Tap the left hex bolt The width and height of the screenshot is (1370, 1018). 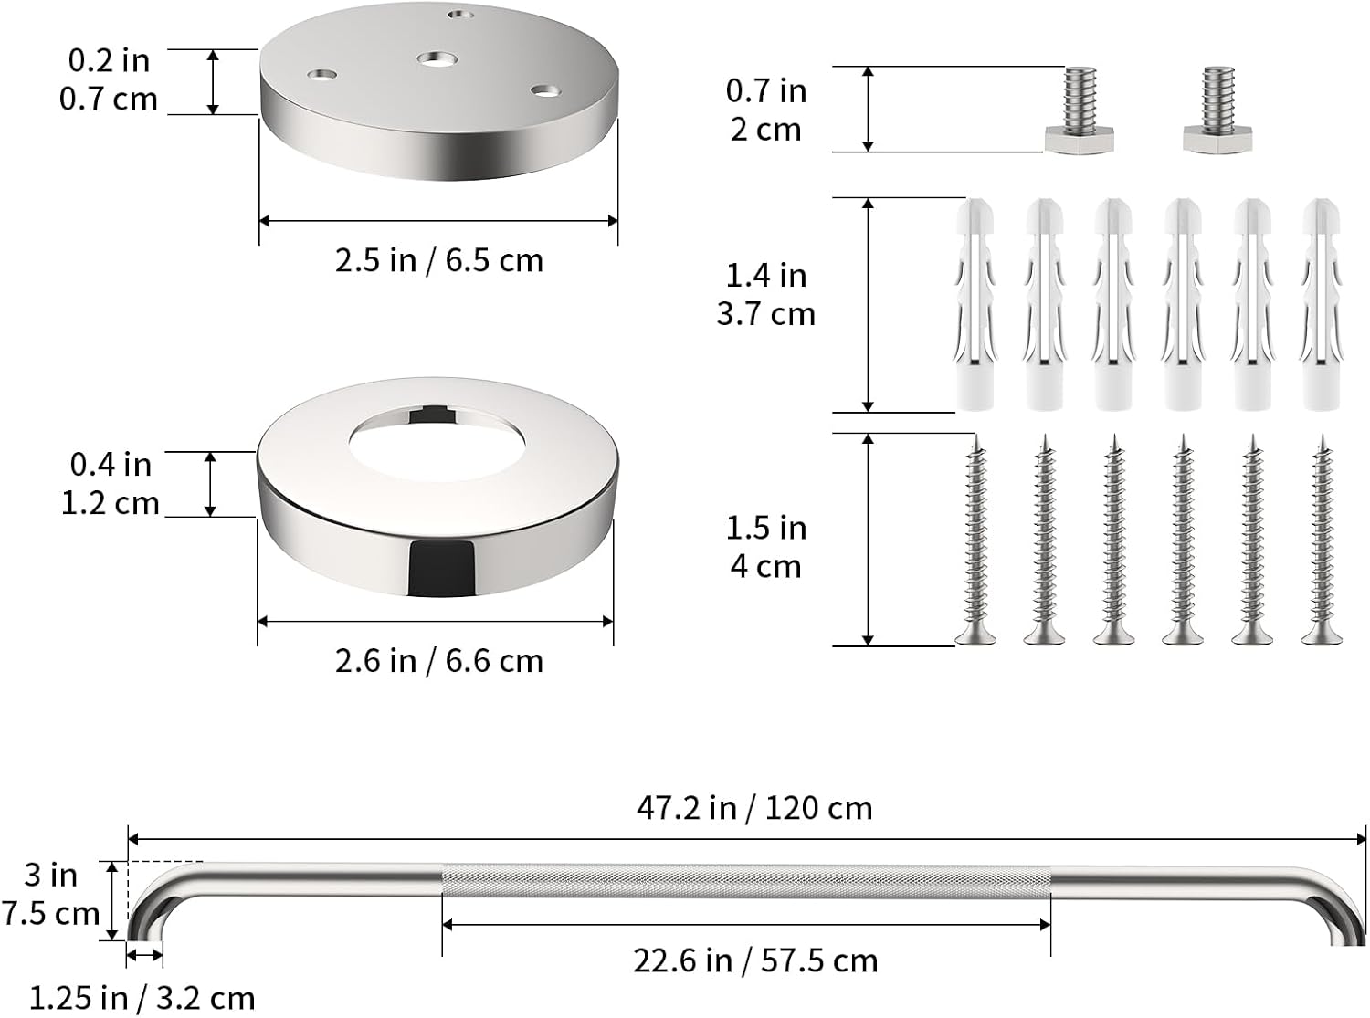pos(1079,110)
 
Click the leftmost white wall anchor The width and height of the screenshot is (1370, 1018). pos(975,304)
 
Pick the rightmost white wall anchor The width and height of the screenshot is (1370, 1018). pos(1322,304)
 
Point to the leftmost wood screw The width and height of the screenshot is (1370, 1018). pos(975,540)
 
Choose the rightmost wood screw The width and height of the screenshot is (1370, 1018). pos(1322,540)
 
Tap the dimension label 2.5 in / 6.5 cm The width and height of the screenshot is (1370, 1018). pos(439,260)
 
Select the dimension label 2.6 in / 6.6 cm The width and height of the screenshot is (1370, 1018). pos(439,661)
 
